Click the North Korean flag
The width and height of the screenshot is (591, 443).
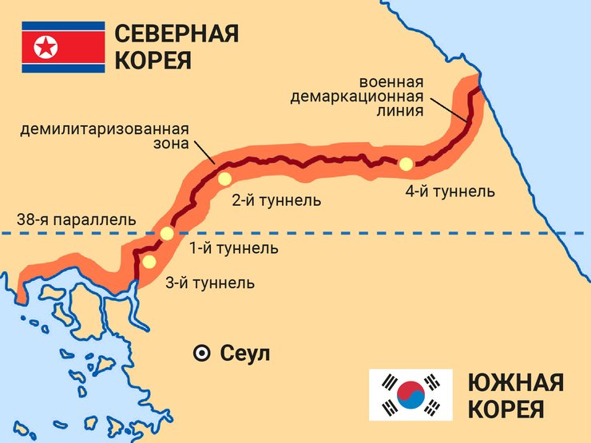[x=63, y=47]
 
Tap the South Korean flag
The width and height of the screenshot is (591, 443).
[x=411, y=395]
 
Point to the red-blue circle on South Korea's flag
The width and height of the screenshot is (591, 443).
[x=411, y=395]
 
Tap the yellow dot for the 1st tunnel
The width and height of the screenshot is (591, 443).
[x=167, y=234]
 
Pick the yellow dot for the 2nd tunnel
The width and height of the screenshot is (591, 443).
[x=224, y=179]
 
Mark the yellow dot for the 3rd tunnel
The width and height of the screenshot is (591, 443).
[x=149, y=261]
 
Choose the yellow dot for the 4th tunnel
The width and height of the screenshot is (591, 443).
[x=406, y=164]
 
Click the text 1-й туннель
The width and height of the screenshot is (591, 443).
[x=233, y=248]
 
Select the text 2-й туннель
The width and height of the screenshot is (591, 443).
[x=276, y=200]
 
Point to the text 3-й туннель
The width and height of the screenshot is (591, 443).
[x=210, y=283]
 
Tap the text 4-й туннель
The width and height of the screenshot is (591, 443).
[x=450, y=192]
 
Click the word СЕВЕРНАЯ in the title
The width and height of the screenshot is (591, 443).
[x=177, y=34]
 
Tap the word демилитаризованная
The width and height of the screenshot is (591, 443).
[x=105, y=129]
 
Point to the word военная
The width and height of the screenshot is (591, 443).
[x=391, y=82]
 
